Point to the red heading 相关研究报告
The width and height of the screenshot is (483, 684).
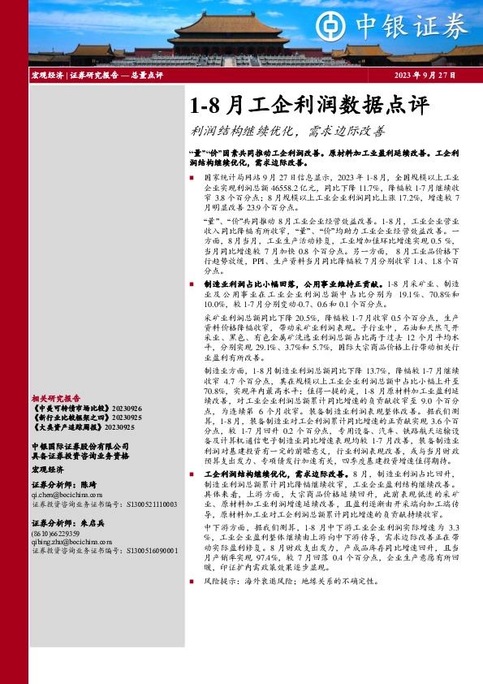tap(56, 399)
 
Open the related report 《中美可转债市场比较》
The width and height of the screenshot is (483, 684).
tap(67, 408)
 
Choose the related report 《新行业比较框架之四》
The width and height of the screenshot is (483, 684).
tap(67, 417)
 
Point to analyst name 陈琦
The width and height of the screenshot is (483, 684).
tap(88, 483)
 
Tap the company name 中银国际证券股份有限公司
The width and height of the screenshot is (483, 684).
tap(80, 445)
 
